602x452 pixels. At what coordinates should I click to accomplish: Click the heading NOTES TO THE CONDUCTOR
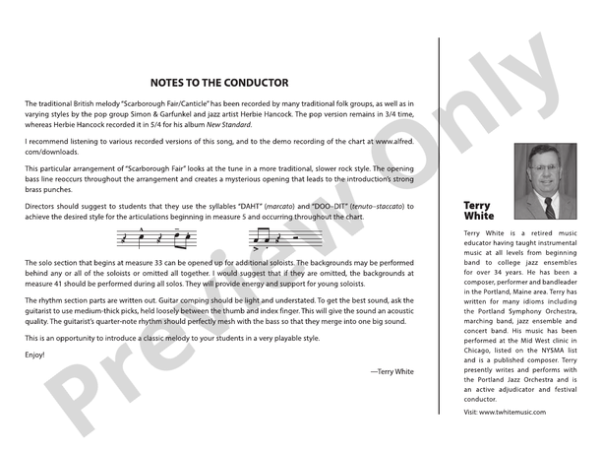tap(219, 83)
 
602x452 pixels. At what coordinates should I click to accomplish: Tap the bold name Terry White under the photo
tap(479, 211)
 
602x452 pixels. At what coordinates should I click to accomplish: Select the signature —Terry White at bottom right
tap(392, 371)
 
